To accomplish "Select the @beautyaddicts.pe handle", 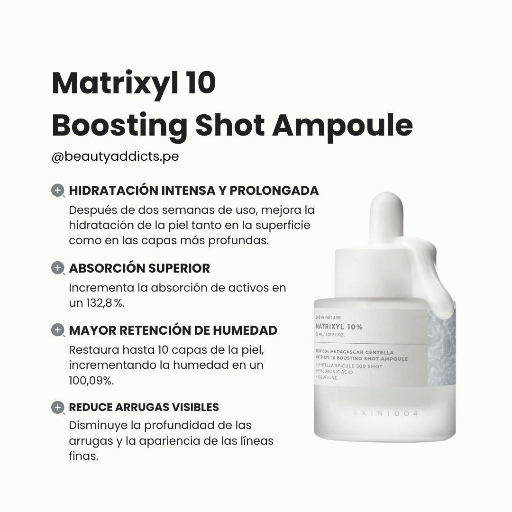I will pos(115,156).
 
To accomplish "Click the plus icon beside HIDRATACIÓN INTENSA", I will pos(57,191).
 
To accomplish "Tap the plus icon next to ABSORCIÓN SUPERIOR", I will pos(57,268).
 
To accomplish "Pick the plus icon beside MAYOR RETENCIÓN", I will pos(57,330).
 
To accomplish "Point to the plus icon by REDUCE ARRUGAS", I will pos(57,407).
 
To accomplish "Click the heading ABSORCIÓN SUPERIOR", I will pos(139,268).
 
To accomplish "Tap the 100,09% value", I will pos(91,380).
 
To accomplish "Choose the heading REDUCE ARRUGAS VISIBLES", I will pos(144,407).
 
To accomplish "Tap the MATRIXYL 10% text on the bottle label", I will pos(339,327).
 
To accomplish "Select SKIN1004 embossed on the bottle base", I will pos(385,413).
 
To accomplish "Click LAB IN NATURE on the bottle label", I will pos(328,317).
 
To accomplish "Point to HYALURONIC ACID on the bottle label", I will pos(335,372).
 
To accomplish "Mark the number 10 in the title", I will pos(201,83).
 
